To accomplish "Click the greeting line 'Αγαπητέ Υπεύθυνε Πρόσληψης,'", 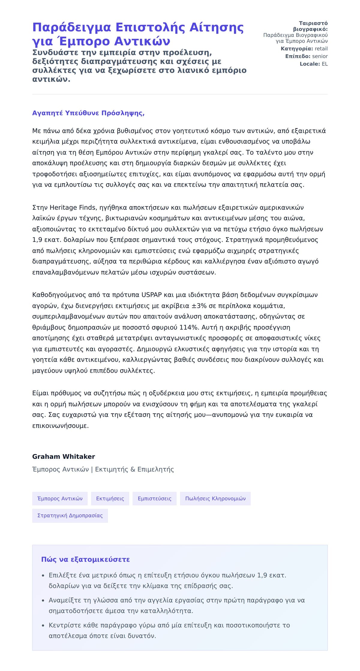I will click(88, 113).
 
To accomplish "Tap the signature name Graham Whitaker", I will click(64, 456).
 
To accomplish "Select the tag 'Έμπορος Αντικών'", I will click(60, 498).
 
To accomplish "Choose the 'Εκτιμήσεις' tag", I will click(110, 498).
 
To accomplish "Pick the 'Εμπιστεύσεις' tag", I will click(154, 498).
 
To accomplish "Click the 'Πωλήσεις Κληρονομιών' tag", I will click(215, 498).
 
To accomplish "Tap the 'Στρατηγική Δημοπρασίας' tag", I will click(70, 516).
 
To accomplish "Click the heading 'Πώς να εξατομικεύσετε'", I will click(85, 559).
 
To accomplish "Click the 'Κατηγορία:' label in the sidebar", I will click(297, 49).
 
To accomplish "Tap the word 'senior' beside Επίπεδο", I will click(320, 56).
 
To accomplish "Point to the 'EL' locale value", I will click(325, 64).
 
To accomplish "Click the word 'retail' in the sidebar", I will click(321, 49).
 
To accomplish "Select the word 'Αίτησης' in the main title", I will click(216, 28).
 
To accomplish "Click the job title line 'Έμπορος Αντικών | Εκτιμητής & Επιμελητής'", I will click(103, 469).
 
